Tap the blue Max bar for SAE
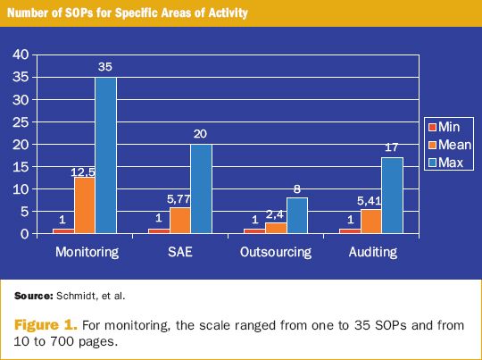click(201, 188)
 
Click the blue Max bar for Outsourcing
click(295, 215)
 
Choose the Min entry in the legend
click(450, 127)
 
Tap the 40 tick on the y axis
click(21, 54)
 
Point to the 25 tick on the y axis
click(21, 121)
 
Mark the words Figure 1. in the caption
click(44, 325)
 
